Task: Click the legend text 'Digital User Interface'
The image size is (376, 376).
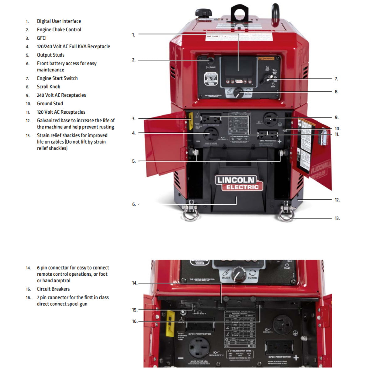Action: (x=59, y=21)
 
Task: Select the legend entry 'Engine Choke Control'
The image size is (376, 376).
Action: (x=59, y=30)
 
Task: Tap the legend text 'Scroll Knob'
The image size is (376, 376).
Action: (x=49, y=87)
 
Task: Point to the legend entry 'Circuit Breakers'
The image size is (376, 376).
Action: (x=53, y=289)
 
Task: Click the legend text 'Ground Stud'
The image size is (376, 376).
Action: (x=50, y=104)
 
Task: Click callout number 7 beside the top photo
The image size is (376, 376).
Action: (x=336, y=79)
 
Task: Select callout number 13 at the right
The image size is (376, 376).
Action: (x=337, y=218)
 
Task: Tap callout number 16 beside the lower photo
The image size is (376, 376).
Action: (x=135, y=321)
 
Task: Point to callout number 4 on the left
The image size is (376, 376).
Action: (x=134, y=133)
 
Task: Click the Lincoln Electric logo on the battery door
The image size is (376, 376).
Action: (x=239, y=183)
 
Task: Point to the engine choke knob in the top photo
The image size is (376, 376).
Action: (x=210, y=60)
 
